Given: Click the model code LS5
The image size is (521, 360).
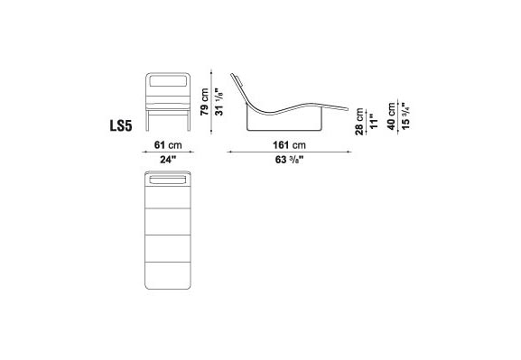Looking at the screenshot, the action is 121,126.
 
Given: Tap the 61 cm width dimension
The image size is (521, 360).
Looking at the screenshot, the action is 168,145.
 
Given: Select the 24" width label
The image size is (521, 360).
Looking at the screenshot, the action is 168,160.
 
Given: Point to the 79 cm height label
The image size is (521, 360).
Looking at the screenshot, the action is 204,102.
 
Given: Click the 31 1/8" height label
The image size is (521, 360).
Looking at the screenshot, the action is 219,102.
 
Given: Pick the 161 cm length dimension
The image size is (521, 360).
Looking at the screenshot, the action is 289,145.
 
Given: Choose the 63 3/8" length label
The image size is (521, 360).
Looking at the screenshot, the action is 290,160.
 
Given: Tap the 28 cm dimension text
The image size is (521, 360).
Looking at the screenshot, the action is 359,122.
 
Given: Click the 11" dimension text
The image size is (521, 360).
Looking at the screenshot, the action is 374,122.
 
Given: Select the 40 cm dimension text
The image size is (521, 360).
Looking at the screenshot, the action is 391,116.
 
